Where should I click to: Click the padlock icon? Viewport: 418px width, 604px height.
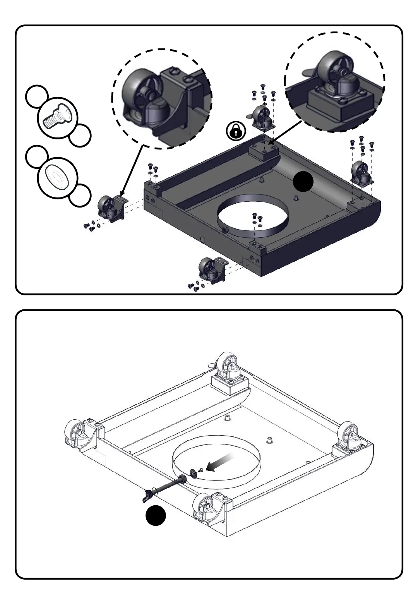pos(236,131)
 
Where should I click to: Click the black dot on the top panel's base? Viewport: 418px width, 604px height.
pos(303,182)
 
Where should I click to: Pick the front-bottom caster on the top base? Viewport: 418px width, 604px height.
pos(211,270)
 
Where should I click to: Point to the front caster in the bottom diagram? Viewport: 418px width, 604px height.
pos(206,508)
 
